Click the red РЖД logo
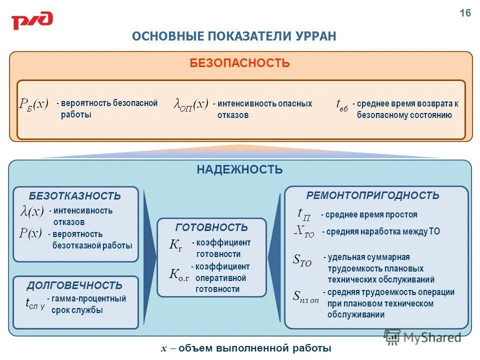pyautogui.click(x=32, y=21)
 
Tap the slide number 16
pyautogui.click(x=465, y=13)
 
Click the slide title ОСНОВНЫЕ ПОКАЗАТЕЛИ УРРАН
pyautogui.click(x=234, y=36)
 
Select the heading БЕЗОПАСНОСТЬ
pyautogui.click(x=239, y=63)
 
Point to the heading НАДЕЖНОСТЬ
pyautogui.click(x=239, y=169)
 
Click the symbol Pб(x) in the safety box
pyautogui.click(x=34, y=104)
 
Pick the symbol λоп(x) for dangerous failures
pyautogui.click(x=190, y=104)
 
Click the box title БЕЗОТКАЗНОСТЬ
pyautogui.click(x=75, y=196)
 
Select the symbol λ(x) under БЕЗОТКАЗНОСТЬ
pyautogui.click(x=32, y=211)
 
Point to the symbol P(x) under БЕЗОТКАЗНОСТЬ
pyautogui.click(x=30, y=233)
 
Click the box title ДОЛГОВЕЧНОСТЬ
pyautogui.click(x=74, y=285)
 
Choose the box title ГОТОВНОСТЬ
pyautogui.click(x=211, y=227)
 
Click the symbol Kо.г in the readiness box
pyautogui.click(x=179, y=274)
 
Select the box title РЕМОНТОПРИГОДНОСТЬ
pyautogui.click(x=372, y=195)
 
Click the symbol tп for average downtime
pyautogui.click(x=304, y=214)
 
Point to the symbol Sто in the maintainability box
pyautogui.click(x=301, y=260)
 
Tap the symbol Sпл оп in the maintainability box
pyautogui.click(x=305, y=296)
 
